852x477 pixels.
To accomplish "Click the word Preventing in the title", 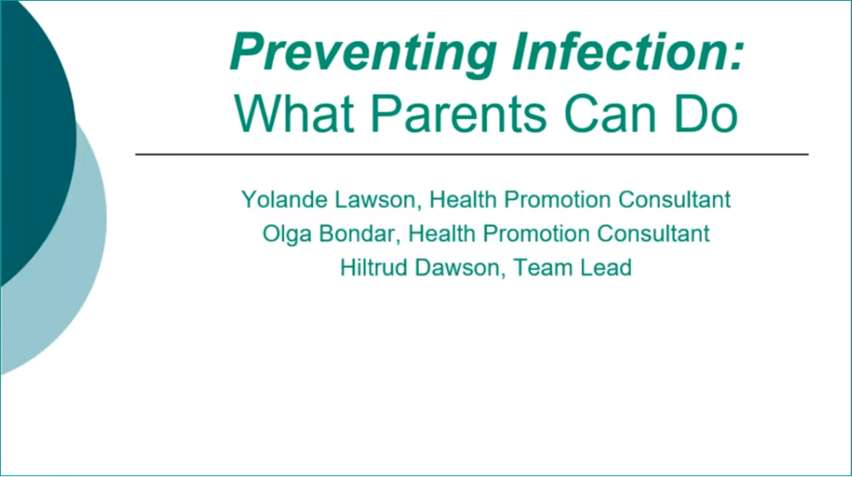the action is pyautogui.click(x=363, y=53).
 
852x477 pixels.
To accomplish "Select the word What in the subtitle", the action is pyautogui.click(x=294, y=113).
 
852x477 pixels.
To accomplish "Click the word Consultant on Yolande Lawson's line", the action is pyautogui.click(x=674, y=199).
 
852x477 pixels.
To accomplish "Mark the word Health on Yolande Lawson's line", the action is pyautogui.click(x=464, y=199).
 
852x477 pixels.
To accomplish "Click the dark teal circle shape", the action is pyautogui.click(x=32, y=135).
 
